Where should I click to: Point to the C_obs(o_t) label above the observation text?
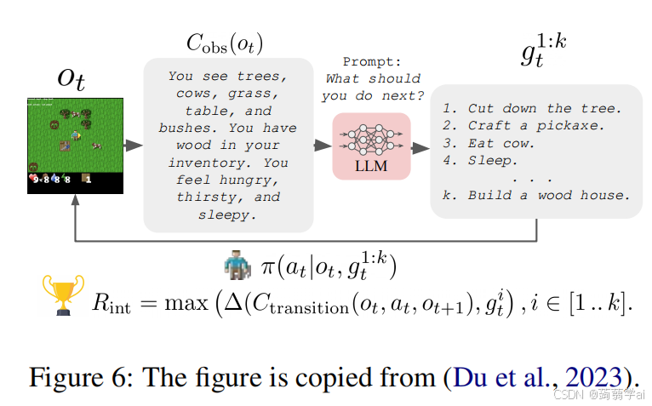click(x=226, y=42)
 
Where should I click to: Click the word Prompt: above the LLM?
click(x=370, y=62)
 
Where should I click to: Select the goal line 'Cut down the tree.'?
click(x=533, y=108)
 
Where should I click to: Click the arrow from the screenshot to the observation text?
click(x=132, y=146)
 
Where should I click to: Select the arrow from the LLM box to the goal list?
click(x=420, y=147)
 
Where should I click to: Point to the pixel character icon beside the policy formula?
click(x=238, y=267)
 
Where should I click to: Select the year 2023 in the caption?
click(x=602, y=377)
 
